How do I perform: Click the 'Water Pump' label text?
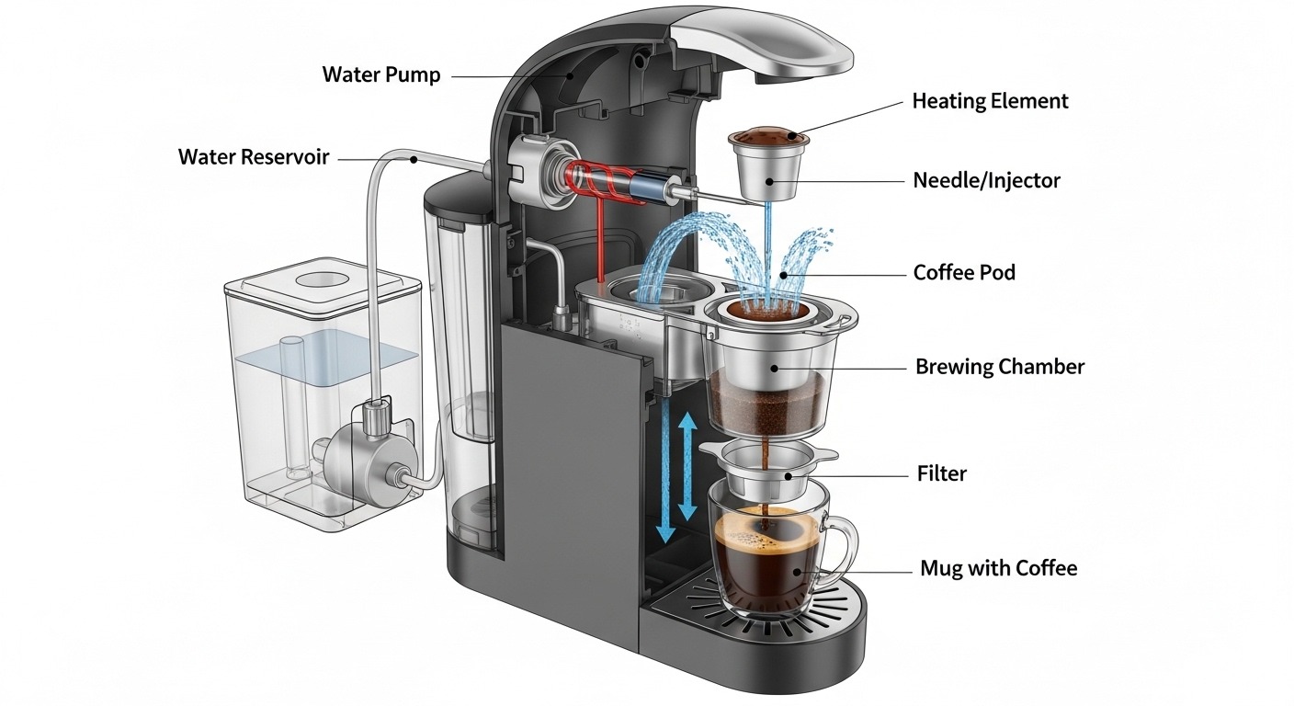[x=380, y=74]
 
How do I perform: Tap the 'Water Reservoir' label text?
[x=253, y=157]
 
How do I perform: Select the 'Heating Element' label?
[x=990, y=101]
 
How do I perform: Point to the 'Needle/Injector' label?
[x=986, y=180]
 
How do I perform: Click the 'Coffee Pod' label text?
[x=964, y=273]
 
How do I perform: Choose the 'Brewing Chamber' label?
[x=999, y=367]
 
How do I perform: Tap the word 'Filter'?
[x=941, y=474]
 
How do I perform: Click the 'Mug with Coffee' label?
[x=998, y=568]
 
